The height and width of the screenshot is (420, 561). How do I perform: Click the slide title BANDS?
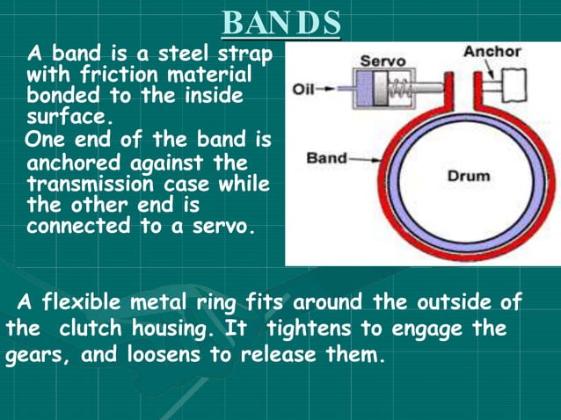click(280, 22)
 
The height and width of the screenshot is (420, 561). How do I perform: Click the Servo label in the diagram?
click(382, 62)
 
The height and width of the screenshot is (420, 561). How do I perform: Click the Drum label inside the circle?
click(468, 175)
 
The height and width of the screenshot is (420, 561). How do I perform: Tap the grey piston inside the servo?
click(379, 89)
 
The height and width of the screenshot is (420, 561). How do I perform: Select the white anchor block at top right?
click(513, 83)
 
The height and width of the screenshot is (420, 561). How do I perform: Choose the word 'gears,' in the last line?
click(34, 358)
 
